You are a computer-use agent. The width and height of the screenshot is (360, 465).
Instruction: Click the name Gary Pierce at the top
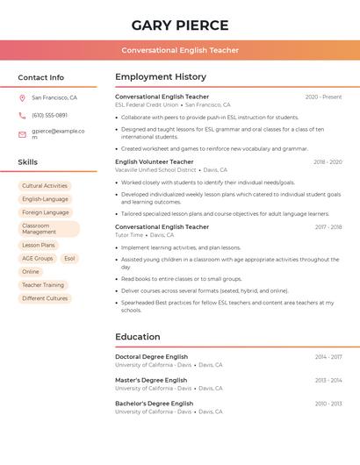[179, 25]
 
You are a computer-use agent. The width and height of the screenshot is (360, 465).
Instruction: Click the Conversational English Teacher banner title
[179, 50]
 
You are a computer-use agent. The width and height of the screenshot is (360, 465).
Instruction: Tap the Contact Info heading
[40, 77]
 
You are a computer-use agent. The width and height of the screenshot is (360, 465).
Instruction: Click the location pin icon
[22, 98]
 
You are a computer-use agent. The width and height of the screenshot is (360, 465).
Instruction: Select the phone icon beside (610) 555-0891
[22, 115]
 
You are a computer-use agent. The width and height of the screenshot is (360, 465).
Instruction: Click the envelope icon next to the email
[22, 134]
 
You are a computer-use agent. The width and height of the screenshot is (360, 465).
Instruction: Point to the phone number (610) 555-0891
[49, 115]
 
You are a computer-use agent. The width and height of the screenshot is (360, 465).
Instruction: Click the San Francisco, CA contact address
[54, 98]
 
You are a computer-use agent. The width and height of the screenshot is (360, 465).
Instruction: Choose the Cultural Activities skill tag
[44, 186]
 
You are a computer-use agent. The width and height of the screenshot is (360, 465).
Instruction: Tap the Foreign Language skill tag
[45, 212]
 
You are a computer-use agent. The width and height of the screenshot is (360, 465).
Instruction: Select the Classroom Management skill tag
[48, 229]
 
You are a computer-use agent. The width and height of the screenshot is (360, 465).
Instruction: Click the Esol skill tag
[69, 259]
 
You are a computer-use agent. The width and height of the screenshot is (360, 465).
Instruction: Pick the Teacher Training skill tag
[43, 285]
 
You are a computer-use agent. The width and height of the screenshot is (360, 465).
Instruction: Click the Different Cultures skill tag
[45, 298]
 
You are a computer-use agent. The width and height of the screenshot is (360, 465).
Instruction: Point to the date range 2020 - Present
[323, 97]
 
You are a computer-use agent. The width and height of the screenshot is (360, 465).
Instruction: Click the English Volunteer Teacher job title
[154, 161]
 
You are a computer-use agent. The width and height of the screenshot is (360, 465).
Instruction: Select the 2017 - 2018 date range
[328, 227]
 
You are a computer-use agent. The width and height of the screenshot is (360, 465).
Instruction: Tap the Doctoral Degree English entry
[151, 357]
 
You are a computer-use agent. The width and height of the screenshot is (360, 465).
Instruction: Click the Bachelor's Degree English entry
[154, 404]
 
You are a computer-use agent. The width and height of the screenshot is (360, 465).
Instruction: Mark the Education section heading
[139, 336]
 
